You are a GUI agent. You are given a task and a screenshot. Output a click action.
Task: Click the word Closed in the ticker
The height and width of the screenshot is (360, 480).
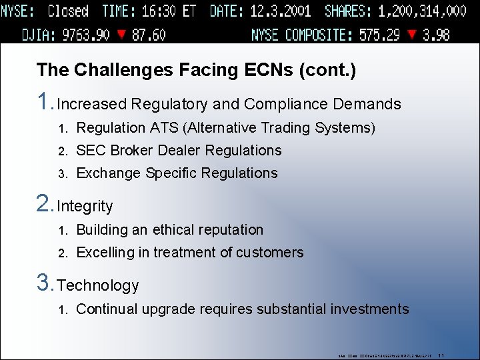coord(68,11)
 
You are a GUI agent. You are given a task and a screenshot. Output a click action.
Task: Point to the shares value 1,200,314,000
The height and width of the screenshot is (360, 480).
coord(422,11)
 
